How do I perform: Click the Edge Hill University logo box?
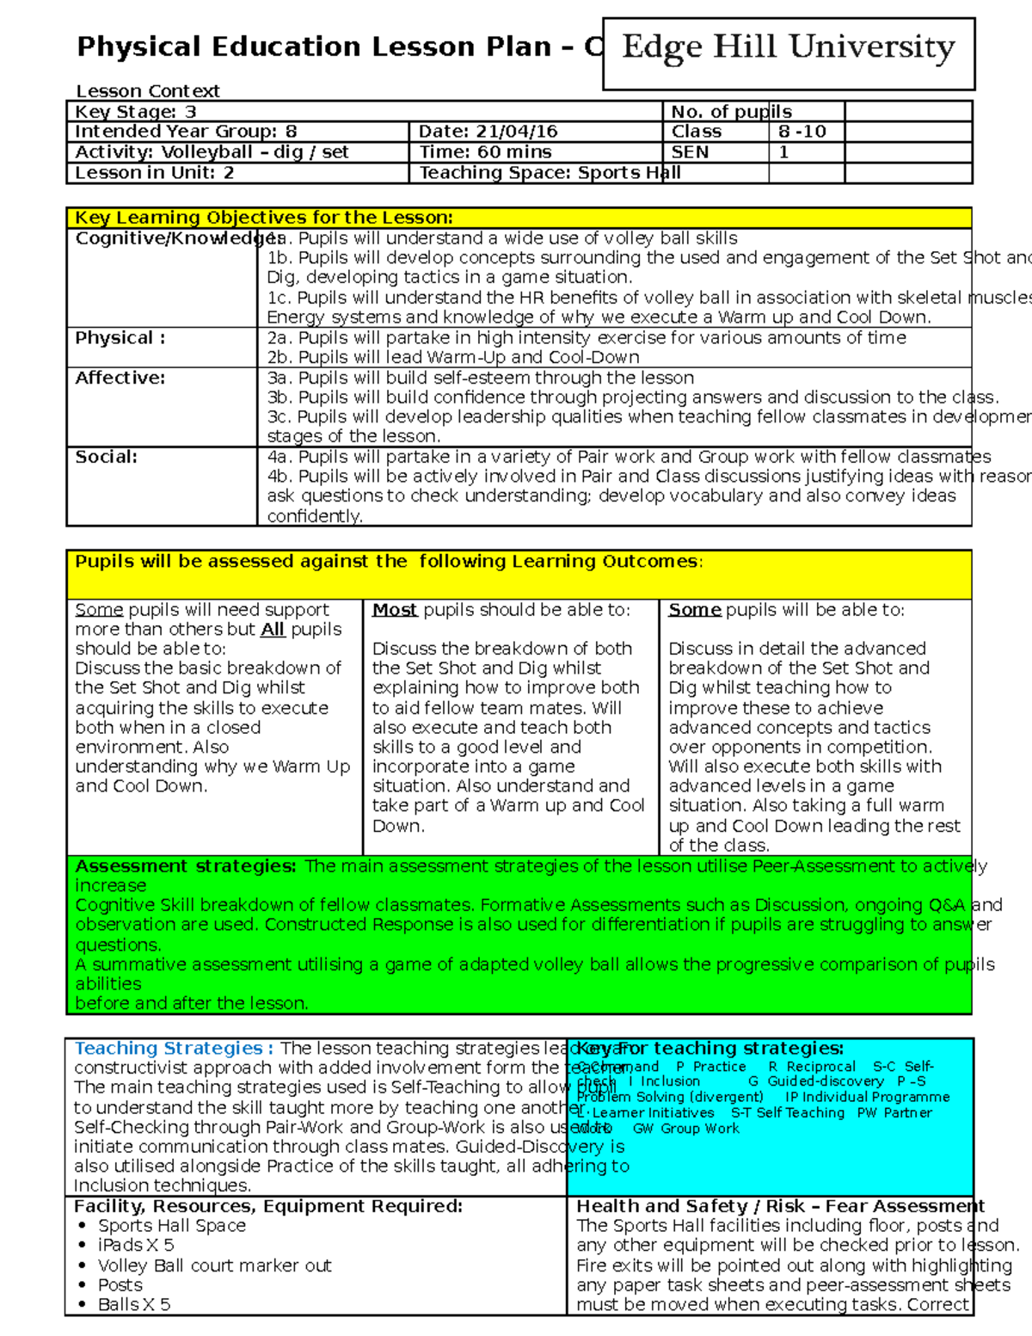(x=789, y=53)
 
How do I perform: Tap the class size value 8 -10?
(x=802, y=132)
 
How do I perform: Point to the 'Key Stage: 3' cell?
(x=136, y=112)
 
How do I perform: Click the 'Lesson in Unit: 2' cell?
(x=154, y=173)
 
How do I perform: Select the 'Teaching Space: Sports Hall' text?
(x=550, y=173)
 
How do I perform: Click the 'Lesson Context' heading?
(x=147, y=91)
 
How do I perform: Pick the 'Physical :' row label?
(x=120, y=338)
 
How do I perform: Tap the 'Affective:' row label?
(x=120, y=378)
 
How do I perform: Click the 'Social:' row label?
(x=106, y=457)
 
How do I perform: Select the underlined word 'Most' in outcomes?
(x=395, y=610)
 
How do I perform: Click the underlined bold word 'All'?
(x=273, y=630)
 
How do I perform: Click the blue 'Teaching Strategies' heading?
(x=173, y=1048)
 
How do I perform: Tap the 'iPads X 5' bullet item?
(x=136, y=1245)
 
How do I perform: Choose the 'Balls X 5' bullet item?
(x=134, y=1304)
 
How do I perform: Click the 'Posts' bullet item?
(x=120, y=1284)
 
